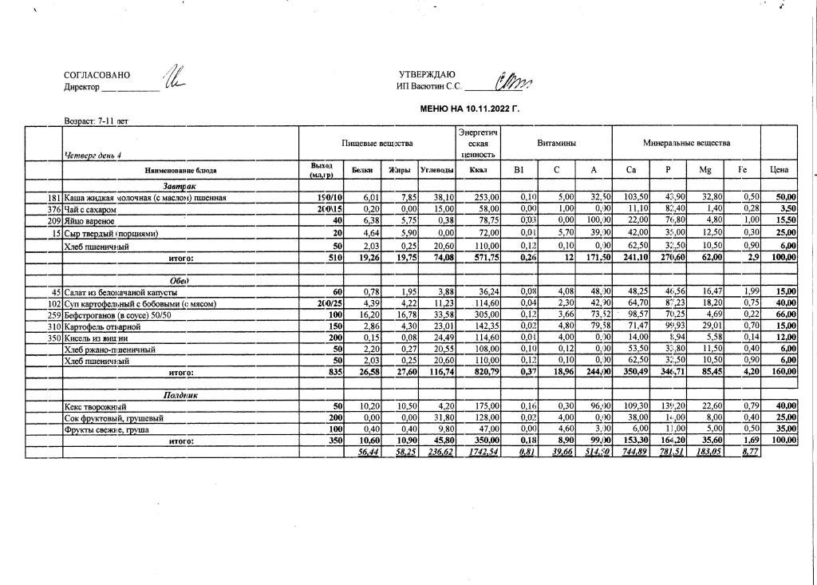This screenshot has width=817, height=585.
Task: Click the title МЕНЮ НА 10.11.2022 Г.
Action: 469,108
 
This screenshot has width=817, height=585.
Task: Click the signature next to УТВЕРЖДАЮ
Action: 515,81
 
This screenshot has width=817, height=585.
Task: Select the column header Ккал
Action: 478,170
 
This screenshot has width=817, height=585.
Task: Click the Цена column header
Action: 780,170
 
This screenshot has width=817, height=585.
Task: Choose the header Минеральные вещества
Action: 686,143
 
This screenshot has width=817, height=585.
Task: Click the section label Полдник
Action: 180,395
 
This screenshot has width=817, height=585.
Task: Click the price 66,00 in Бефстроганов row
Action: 786,315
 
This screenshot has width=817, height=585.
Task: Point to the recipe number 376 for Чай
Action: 55,209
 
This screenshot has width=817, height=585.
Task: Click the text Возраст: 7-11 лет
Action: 96,122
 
